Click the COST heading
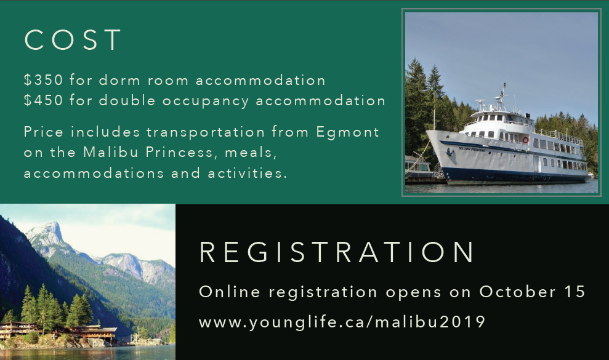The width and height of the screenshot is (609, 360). point(73,39)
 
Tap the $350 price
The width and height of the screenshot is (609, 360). point(43,80)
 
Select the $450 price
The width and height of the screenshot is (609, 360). point(43,100)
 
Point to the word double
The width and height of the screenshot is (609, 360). point(127,100)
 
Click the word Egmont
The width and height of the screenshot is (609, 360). point(348,132)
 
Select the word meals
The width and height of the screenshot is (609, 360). point(251,152)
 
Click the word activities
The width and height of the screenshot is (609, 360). point(248,173)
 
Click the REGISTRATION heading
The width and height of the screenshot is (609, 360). point(337,252)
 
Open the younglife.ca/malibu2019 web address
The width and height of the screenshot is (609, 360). point(342,322)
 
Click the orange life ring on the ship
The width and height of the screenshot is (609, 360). point(525,140)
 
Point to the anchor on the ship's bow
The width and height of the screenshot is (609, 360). point(451,152)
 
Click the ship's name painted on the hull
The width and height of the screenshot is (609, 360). point(472,149)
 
